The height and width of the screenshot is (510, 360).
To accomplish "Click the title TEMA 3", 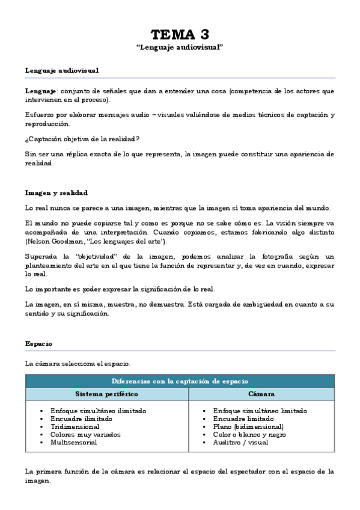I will pyautogui.click(x=180, y=34).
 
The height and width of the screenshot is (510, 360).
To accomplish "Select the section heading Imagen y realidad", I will pyautogui.click(x=56, y=192).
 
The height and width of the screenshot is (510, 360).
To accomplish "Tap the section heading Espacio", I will pyautogui.click(x=38, y=343).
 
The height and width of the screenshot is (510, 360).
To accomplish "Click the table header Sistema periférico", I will pyautogui.click(x=106, y=394).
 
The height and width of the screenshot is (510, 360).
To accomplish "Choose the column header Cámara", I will pyautogui.click(x=261, y=394).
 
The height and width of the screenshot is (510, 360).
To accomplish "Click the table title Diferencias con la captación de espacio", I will pyautogui.click(x=180, y=381).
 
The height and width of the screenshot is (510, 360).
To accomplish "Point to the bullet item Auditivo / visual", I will pyautogui.click(x=240, y=442).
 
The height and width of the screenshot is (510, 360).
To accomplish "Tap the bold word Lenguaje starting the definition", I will pyautogui.click(x=41, y=91).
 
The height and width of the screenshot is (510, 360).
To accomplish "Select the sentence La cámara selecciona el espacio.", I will pyautogui.click(x=77, y=364).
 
